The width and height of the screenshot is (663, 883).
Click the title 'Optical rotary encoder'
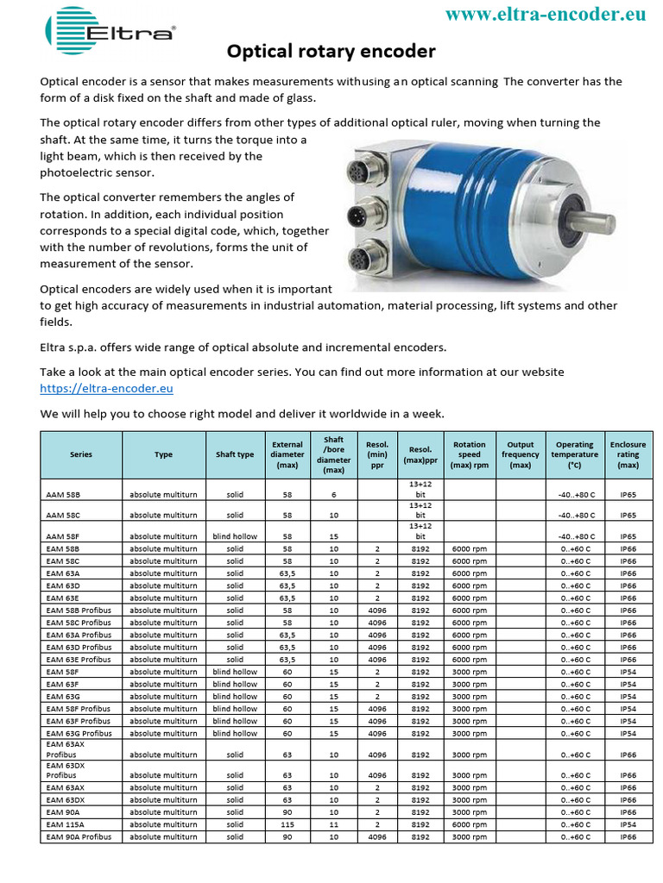331,52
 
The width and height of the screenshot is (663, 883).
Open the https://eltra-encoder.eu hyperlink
107,389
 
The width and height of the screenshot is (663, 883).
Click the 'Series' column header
81,454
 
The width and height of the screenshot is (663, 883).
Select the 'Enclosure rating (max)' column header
628,454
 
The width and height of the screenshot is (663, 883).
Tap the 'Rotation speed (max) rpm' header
470,454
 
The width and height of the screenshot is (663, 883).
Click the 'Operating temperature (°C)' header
575,454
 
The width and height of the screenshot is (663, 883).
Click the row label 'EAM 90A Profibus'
79,836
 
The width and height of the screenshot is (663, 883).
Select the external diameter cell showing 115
287,824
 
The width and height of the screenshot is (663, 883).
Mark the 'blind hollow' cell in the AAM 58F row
235,535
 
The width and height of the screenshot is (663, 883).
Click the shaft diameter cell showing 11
333,824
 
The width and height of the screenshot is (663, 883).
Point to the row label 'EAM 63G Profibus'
79,733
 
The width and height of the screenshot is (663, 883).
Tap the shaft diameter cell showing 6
333,495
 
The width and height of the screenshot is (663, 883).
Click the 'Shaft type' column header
235,454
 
